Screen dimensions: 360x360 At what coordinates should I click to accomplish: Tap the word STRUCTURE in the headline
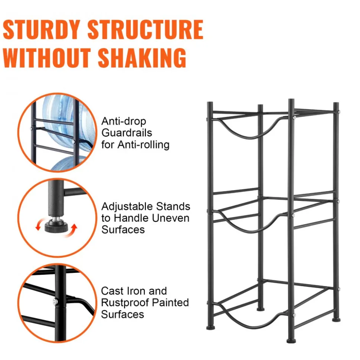click(x=145, y=30)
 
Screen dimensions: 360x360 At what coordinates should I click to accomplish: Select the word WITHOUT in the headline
click(x=47, y=58)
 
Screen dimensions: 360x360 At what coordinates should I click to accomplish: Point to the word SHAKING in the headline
click(x=142, y=58)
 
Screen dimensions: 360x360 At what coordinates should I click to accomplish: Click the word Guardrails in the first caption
click(x=127, y=133)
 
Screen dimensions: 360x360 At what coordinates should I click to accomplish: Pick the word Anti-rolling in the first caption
click(x=144, y=145)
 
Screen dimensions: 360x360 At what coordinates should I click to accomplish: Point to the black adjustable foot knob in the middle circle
click(x=56, y=226)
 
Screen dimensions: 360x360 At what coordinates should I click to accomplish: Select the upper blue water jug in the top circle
click(x=69, y=124)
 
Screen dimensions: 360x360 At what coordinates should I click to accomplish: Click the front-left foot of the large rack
click(x=210, y=327)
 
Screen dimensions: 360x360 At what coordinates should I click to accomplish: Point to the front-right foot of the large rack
click(x=291, y=341)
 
